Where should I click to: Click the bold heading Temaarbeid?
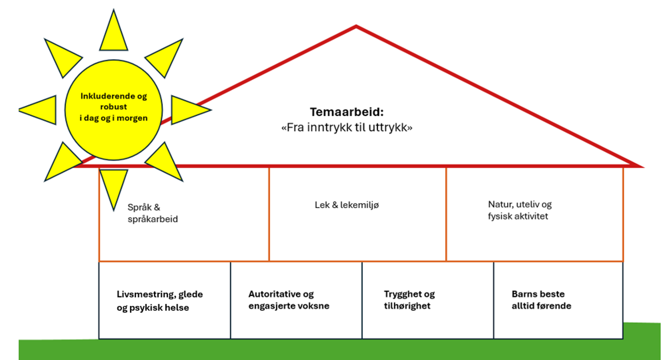pyautogui.click(x=346, y=112)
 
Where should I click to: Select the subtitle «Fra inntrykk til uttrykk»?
pyautogui.click(x=346, y=127)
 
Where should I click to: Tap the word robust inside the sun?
pyautogui.click(x=114, y=107)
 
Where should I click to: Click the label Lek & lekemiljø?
pyautogui.click(x=346, y=205)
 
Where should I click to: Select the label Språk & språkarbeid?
pyautogui.click(x=152, y=213)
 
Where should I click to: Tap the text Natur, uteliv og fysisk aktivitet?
pyautogui.click(x=519, y=210)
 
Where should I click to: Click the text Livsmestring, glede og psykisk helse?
pyautogui.click(x=160, y=301)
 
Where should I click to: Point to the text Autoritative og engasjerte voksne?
pyautogui.click(x=289, y=300)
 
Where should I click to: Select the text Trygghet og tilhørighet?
pyautogui.click(x=409, y=300)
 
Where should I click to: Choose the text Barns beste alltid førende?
pyautogui.click(x=541, y=300)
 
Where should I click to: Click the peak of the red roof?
pyautogui.click(x=356, y=26)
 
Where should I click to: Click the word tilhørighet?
pyautogui.click(x=407, y=306)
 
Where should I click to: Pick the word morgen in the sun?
pyautogui.click(x=132, y=118)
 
